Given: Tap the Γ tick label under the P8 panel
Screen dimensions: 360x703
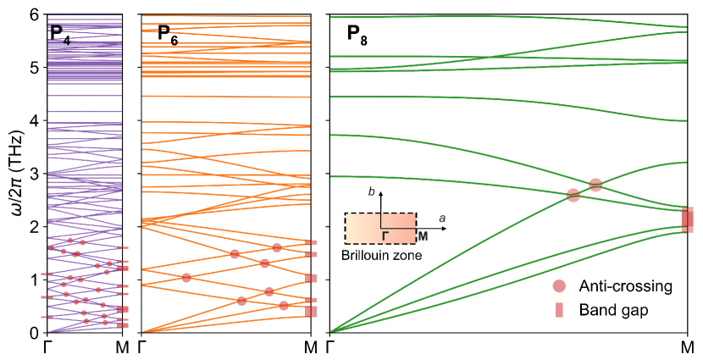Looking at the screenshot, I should [x=330, y=347].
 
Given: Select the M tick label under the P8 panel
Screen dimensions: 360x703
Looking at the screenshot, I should [x=689, y=347].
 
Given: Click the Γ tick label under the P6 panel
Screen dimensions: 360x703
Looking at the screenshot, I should [x=141, y=347].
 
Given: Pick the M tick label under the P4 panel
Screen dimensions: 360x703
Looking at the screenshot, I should [x=123, y=347].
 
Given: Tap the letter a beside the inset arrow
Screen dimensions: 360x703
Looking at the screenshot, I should [x=441, y=219].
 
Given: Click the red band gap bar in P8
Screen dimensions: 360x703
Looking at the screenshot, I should [x=688, y=219].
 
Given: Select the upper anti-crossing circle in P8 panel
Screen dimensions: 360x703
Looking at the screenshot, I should [x=595, y=185].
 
